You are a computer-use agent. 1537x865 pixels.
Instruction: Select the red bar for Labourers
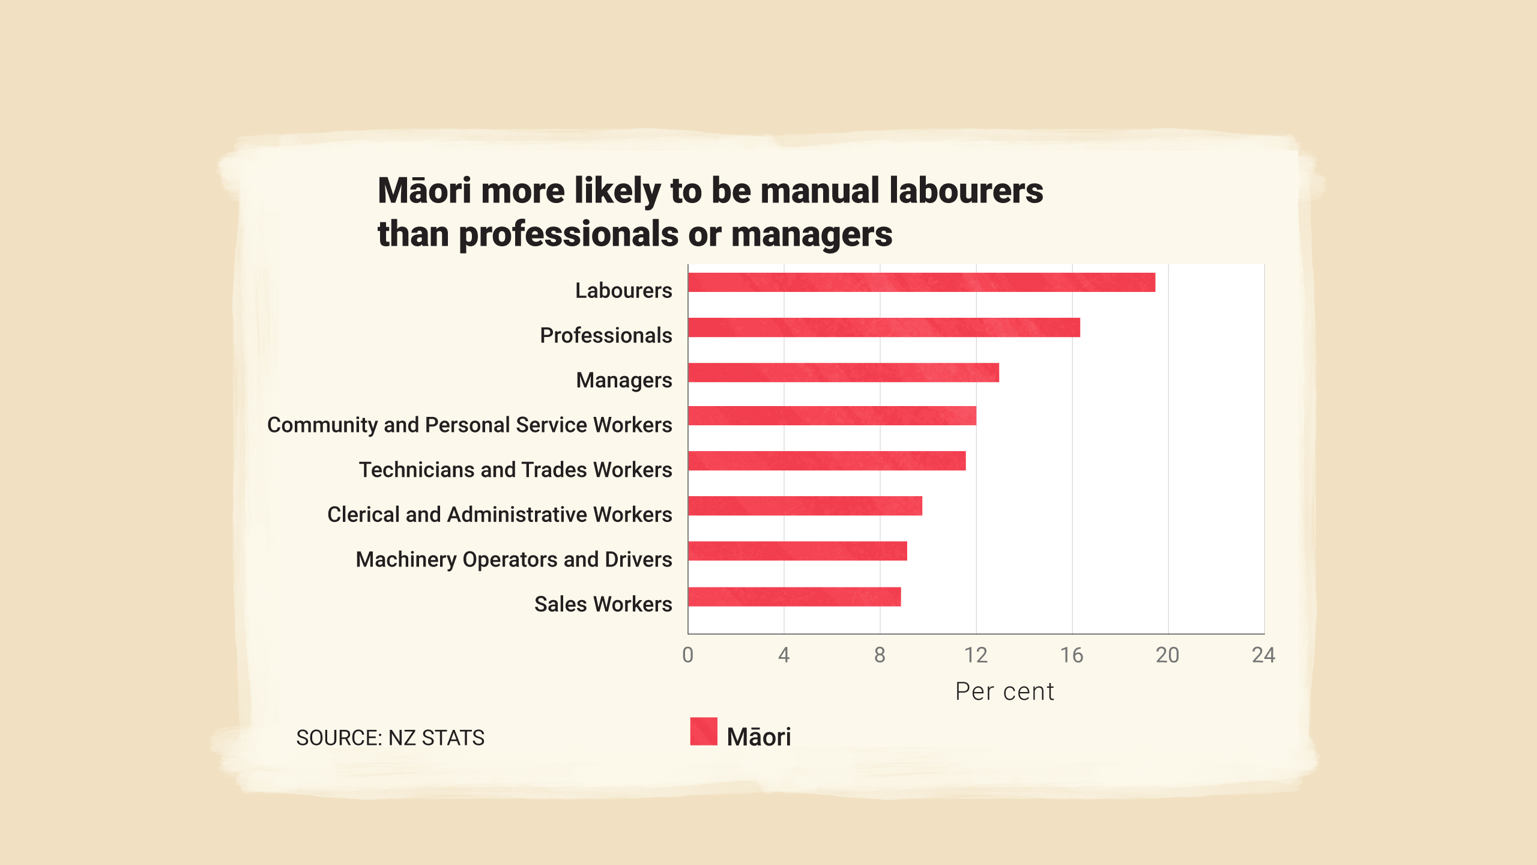tap(922, 282)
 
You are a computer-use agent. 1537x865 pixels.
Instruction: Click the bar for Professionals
tap(884, 327)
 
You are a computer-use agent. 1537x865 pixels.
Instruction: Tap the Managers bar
tap(844, 372)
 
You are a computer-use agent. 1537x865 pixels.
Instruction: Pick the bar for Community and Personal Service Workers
tap(832, 416)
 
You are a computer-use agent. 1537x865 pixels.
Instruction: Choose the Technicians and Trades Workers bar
tap(827, 461)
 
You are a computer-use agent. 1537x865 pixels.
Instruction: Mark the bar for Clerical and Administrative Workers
tap(805, 506)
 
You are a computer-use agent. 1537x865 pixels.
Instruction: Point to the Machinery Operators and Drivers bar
tap(797, 551)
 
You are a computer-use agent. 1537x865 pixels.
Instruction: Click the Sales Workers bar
tap(794, 596)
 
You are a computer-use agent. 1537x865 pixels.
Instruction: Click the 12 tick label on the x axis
tap(976, 655)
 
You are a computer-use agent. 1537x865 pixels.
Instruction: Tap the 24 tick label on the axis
tap(1263, 655)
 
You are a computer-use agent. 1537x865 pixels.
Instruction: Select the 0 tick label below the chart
tap(688, 655)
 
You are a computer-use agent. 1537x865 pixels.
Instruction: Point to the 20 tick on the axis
tap(1167, 655)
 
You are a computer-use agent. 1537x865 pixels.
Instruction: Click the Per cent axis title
tap(1004, 691)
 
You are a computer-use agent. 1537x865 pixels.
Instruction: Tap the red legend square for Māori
tap(704, 731)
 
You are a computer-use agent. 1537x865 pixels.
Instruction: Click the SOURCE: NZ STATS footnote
tap(390, 738)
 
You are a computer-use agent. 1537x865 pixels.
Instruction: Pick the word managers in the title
tap(812, 234)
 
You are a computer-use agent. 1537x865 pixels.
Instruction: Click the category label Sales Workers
tap(603, 604)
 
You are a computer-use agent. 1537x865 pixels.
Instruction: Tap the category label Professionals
tap(606, 335)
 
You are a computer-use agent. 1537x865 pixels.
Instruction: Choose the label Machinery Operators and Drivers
tap(514, 559)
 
